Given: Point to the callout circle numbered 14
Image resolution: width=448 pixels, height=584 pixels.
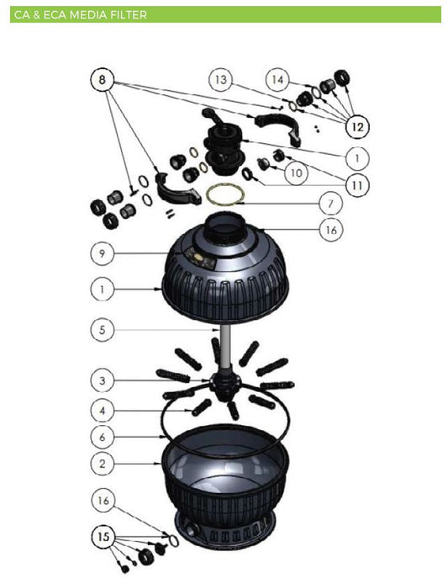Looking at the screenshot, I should (277, 79).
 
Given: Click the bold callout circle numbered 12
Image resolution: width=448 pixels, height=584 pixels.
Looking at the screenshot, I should (356, 127).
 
